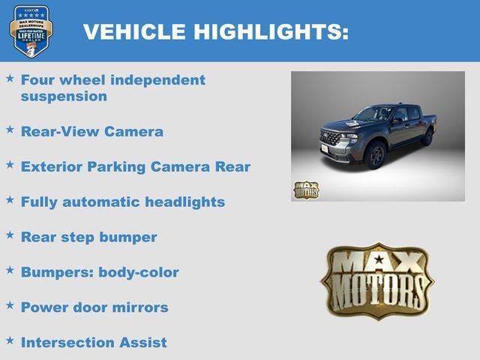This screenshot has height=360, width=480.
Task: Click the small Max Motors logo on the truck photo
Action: [305, 190]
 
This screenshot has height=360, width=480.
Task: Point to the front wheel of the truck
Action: [376, 155]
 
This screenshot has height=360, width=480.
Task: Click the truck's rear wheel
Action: [427, 136]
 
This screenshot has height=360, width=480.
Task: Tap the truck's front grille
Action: [331, 139]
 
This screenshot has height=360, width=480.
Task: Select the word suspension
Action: [64, 96]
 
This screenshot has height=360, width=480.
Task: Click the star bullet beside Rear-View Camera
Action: [10, 130]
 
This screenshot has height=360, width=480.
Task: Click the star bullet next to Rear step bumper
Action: [10, 235]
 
